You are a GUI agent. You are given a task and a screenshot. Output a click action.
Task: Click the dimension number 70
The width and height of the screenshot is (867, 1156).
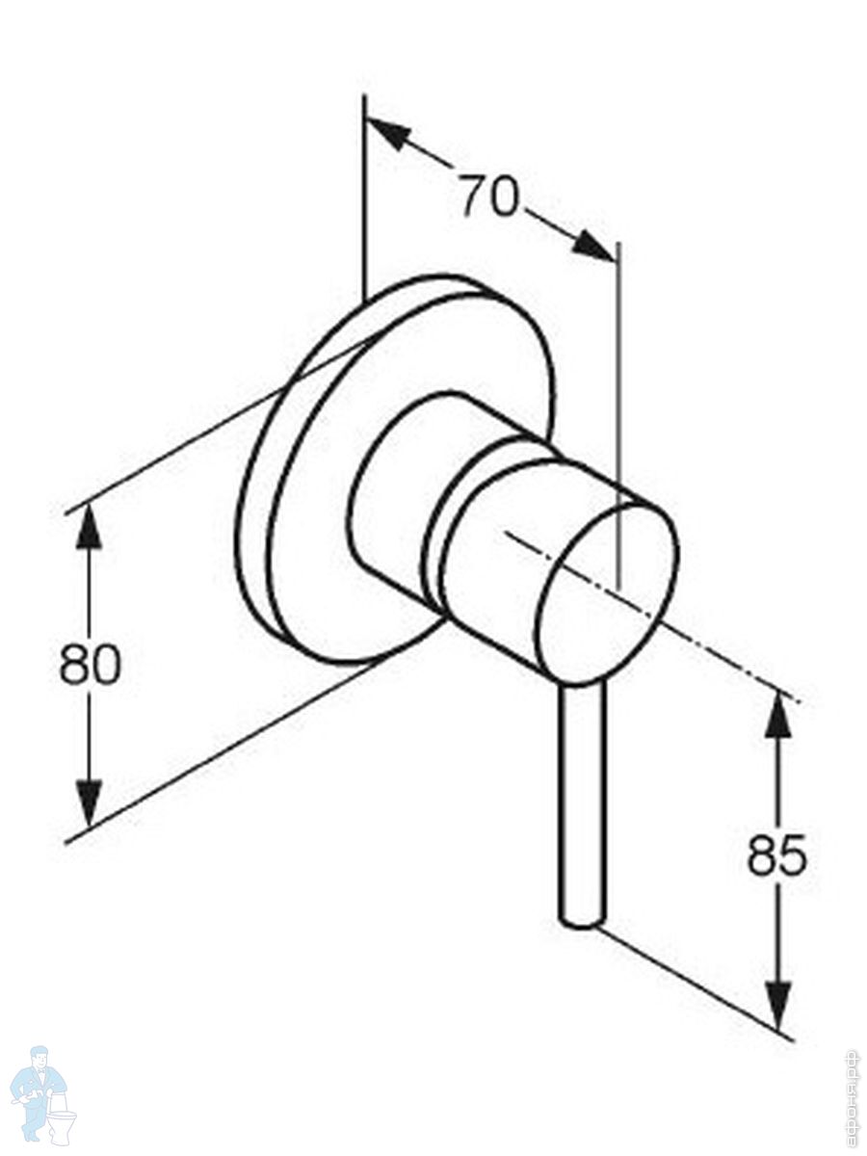click(x=488, y=197)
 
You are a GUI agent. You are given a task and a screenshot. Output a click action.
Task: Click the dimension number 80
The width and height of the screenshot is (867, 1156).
click(x=90, y=665)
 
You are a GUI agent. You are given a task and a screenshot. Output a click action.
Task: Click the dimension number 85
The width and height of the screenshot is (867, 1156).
click(x=776, y=854)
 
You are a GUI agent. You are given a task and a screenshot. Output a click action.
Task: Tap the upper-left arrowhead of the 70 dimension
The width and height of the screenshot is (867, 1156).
click(x=387, y=133)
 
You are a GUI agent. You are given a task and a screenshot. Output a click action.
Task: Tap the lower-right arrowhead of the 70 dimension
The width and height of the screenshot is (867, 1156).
click(x=593, y=247)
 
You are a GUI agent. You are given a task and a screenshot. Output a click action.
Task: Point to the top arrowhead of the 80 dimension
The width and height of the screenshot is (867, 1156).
click(x=89, y=526)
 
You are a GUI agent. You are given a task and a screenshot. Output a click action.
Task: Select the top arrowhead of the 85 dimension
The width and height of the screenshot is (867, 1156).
click(x=777, y=715)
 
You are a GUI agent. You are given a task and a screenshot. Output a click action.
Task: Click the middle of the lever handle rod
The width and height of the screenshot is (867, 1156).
click(x=583, y=800)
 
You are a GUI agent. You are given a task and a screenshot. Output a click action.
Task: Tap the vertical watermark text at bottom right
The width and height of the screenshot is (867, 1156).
click(x=851, y=1098)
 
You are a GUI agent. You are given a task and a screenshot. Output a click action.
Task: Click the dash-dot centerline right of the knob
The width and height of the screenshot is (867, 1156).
click(x=732, y=665)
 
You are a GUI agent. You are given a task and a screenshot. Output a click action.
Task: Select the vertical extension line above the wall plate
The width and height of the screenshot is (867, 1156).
click(x=364, y=193)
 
